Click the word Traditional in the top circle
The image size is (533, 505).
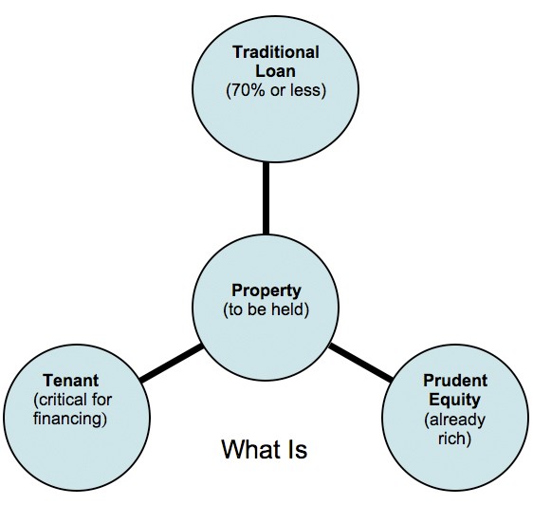coord(276,52)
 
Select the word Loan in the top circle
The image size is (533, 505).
coord(275,71)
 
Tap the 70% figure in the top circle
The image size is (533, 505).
coord(246,90)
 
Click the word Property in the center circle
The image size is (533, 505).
coord(266,291)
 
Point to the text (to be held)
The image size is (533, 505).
coord(266,310)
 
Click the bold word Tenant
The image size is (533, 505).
coord(71,381)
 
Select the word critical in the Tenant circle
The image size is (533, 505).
coord(58,400)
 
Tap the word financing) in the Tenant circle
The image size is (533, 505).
coord(70,419)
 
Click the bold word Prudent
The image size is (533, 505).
coord(455,381)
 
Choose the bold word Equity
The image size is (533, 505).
coord(455,400)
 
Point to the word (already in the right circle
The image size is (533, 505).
coord(455,420)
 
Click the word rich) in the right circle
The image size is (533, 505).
coord(455,438)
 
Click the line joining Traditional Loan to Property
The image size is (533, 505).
coord(266,198)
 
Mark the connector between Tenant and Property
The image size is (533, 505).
coord(172,364)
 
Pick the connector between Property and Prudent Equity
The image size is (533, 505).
coord(360,362)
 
